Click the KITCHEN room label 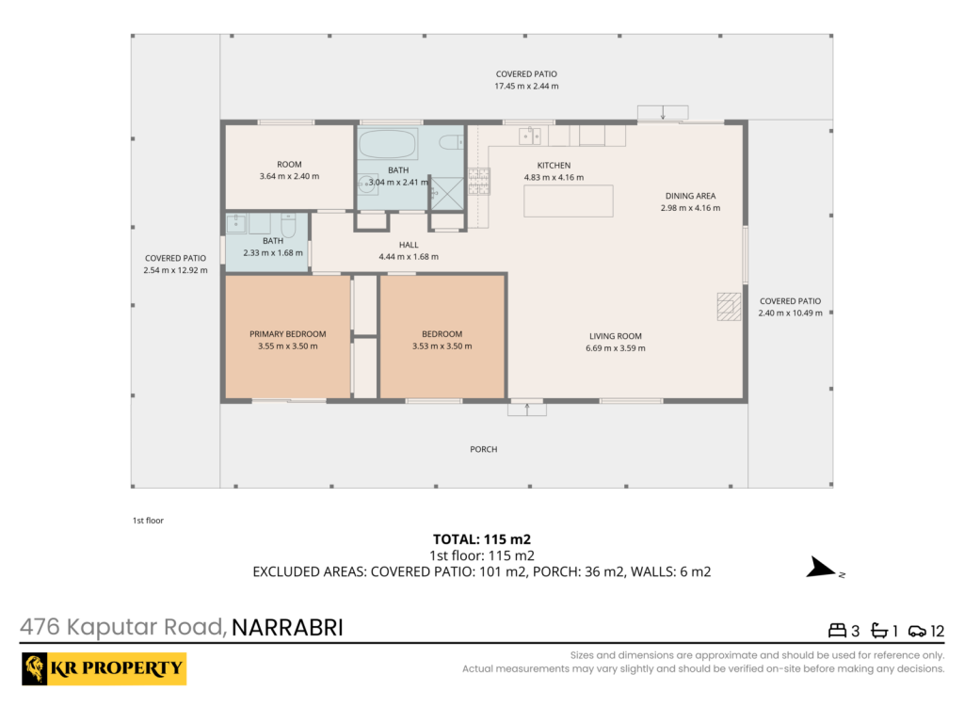point(554,165)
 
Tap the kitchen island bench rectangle point(568,201)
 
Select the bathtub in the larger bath point(388,143)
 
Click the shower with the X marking point(447,194)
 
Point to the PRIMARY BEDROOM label point(288,334)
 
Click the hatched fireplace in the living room point(730,306)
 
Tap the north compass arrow point(821,568)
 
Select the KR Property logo point(104,668)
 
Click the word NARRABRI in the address point(287,628)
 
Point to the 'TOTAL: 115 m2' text point(481,539)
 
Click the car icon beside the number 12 point(917,631)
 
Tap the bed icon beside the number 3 point(837,630)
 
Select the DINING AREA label point(690,196)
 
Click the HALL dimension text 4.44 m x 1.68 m point(409,256)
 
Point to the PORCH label point(483,449)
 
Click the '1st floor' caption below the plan point(148,520)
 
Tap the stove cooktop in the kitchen point(479,182)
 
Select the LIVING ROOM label point(616,336)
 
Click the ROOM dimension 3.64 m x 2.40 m point(289,176)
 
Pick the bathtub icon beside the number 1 point(880,631)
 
